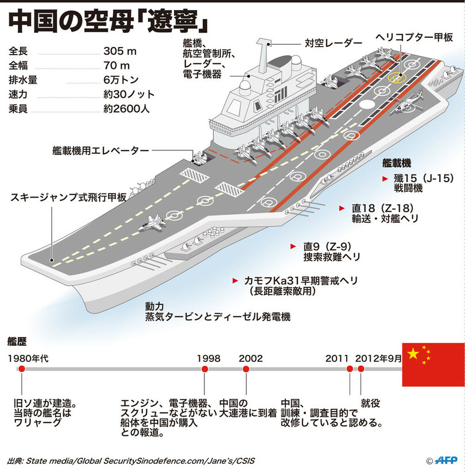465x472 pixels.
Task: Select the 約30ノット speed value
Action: coord(129,94)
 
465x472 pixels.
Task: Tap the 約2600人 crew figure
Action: coord(127,108)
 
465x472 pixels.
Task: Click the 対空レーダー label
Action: coord(334,43)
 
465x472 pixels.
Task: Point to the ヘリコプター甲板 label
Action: coord(414,36)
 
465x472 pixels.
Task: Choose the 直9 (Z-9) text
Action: coord(332,246)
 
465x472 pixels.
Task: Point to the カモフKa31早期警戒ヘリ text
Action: coord(301,280)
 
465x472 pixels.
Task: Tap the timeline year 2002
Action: coord(251,358)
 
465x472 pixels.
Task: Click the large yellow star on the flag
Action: coord(413,354)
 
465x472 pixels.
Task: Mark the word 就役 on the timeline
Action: coord(370,403)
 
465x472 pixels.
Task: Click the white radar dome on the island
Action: coord(245,84)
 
